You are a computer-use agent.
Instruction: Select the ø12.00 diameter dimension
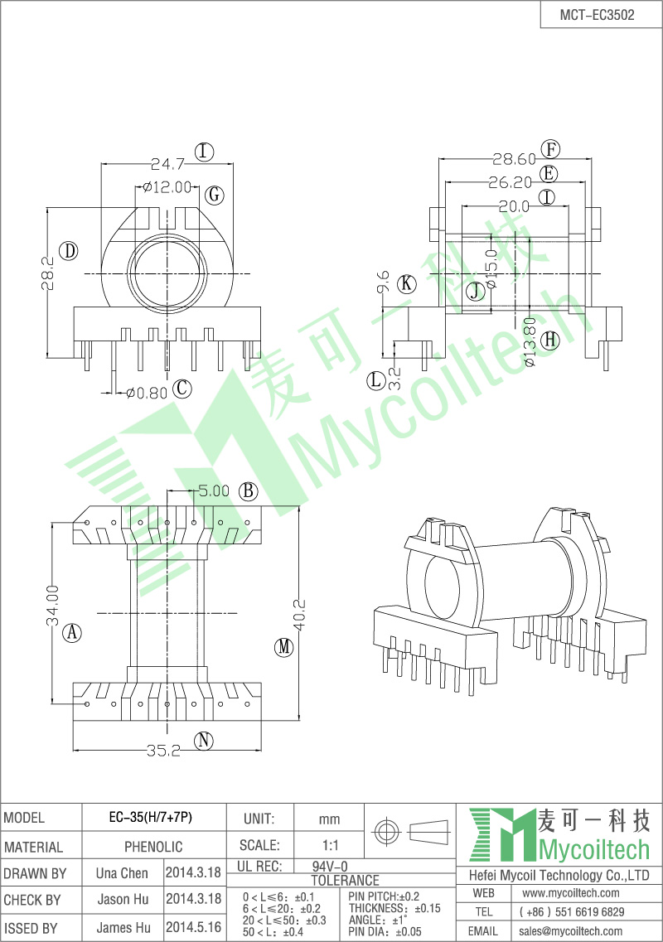(167, 187)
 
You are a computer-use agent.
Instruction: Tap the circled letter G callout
(214, 196)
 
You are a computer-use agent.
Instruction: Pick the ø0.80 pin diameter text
(148, 392)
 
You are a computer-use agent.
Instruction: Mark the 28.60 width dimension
(514, 159)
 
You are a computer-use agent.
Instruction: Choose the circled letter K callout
(405, 283)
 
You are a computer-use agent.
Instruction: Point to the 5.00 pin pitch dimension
(213, 490)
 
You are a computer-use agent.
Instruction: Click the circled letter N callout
(204, 741)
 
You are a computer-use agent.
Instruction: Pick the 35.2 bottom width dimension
(164, 751)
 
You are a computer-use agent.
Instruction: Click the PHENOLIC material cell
(153, 847)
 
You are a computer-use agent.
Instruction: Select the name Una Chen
(122, 873)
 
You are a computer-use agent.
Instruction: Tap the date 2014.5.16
(193, 928)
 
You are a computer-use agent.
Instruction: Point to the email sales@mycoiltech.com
(570, 931)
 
